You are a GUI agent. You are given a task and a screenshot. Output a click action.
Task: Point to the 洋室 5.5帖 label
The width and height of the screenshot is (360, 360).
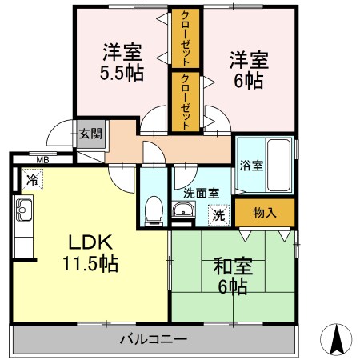click(x=122, y=63)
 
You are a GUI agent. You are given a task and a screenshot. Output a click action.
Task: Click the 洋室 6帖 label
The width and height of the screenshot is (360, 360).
click(x=249, y=69)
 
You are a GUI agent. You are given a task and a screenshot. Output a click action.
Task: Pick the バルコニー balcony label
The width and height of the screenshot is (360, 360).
click(x=154, y=339)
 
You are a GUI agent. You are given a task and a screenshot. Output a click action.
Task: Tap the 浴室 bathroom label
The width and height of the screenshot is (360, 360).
click(x=251, y=166)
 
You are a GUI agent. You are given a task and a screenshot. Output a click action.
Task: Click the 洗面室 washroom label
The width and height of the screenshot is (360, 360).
click(x=200, y=193)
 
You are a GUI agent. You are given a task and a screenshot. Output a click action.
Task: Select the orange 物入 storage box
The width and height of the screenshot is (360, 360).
click(x=265, y=213)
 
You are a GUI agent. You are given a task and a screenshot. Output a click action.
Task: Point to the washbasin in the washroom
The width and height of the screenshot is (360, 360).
click(x=182, y=212)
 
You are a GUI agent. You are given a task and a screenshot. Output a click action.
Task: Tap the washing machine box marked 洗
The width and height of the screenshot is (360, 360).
click(x=217, y=214)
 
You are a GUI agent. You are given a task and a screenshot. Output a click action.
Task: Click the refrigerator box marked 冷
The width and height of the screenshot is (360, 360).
click(x=30, y=180)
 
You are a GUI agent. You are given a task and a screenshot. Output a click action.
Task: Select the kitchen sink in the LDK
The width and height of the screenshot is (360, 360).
click(x=21, y=214)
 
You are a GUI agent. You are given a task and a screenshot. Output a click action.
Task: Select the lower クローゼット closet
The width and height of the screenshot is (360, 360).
click(x=186, y=102)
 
